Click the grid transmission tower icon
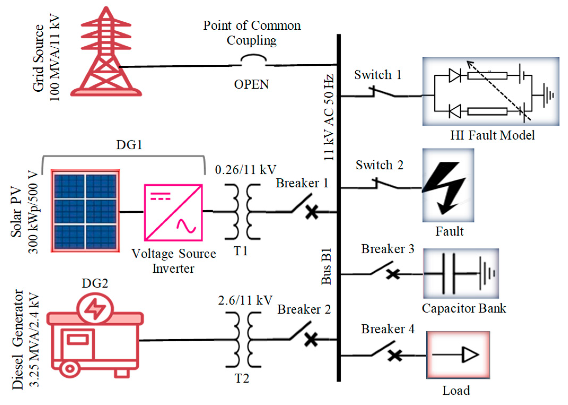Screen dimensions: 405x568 [x=106, y=53]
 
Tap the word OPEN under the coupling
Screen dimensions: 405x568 [x=251, y=84]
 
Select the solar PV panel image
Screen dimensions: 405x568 [x=85, y=211]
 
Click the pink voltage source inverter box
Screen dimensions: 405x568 [x=173, y=212]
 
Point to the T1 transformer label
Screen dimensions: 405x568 [x=241, y=251]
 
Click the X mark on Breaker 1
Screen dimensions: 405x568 [x=312, y=212]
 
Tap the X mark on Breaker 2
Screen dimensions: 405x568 [x=311, y=340]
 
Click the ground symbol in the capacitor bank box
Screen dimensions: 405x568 [x=486, y=273]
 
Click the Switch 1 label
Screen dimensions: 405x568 [x=377, y=75]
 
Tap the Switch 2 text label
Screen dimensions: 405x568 [x=379, y=165]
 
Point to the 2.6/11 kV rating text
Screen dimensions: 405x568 [x=245, y=301]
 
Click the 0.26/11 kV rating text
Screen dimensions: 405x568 [x=245, y=170]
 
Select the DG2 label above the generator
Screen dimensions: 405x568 [x=95, y=283]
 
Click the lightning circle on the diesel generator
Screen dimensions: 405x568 [x=95, y=309]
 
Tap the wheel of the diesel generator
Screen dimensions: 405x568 [x=69, y=368]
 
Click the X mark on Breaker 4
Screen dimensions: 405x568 [x=395, y=355]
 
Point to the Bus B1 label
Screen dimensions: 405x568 [x=327, y=267]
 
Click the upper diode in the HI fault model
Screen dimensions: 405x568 [x=455, y=76]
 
